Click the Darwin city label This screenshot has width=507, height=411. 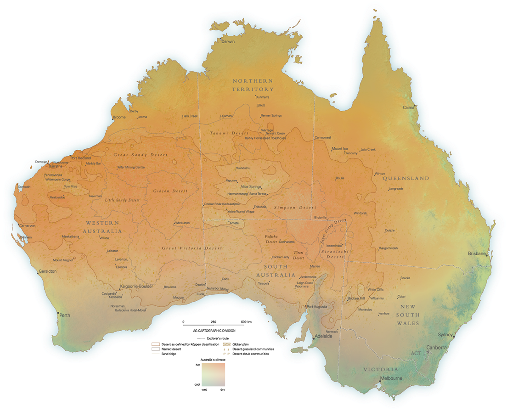228,42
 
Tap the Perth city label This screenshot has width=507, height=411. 65,315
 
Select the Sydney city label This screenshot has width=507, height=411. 445,335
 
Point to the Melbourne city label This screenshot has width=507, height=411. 391,378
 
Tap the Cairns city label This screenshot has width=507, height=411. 408,107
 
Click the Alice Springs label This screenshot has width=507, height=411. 251,187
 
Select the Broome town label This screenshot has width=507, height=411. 119,118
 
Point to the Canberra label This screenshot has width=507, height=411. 436,348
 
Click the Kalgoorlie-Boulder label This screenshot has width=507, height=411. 136,287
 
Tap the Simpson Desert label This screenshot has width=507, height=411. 295,208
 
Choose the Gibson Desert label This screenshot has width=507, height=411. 168,191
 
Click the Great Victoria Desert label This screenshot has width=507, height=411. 192,248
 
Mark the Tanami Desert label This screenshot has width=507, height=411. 223,133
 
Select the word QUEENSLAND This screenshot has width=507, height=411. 406,178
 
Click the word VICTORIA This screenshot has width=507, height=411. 381,369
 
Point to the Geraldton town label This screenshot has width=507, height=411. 48,271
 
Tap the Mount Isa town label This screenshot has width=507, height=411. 340,149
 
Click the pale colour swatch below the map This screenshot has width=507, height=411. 213,374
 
